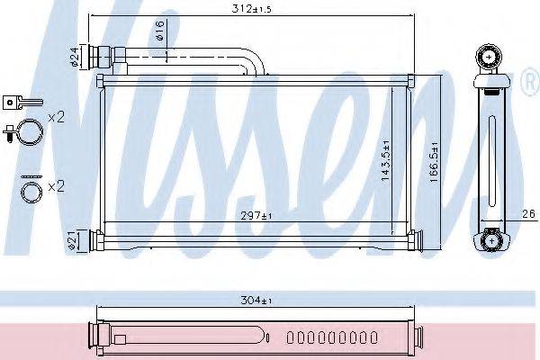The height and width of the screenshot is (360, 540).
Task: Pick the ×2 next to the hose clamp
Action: (56, 117)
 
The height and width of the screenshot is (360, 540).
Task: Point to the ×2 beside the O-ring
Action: (56, 187)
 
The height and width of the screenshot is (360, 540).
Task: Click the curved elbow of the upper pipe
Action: (256, 62)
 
